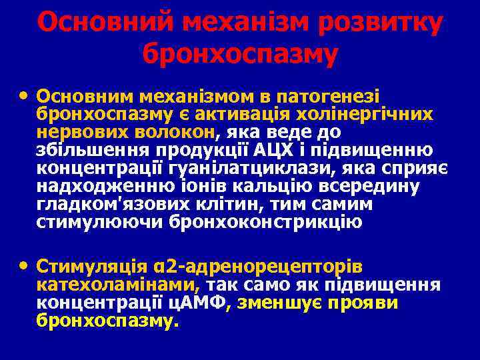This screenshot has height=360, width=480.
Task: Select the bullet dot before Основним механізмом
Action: point(25,94)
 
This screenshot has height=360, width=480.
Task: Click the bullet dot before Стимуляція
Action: point(25,265)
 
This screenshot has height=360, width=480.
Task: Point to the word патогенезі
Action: point(341,95)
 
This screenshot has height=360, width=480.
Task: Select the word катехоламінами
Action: point(117,285)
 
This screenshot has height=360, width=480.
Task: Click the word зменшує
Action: point(285,303)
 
